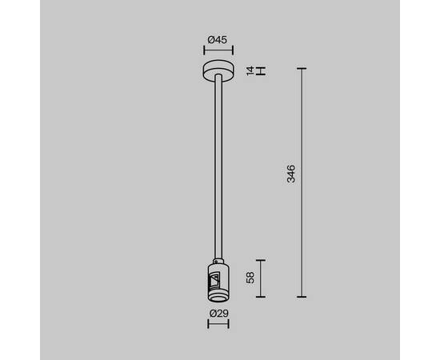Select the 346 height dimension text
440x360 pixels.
tap(292, 174)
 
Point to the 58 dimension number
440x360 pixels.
tap(250, 278)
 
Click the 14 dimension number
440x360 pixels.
tap(250, 71)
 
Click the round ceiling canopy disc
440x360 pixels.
tap(219, 70)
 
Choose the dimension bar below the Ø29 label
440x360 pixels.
tap(218, 324)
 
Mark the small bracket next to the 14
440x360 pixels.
tap(261, 71)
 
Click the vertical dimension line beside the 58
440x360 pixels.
tap(262, 278)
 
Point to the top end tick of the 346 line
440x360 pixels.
tap(302, 70)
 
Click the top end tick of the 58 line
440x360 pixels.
tap(262, 260)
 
